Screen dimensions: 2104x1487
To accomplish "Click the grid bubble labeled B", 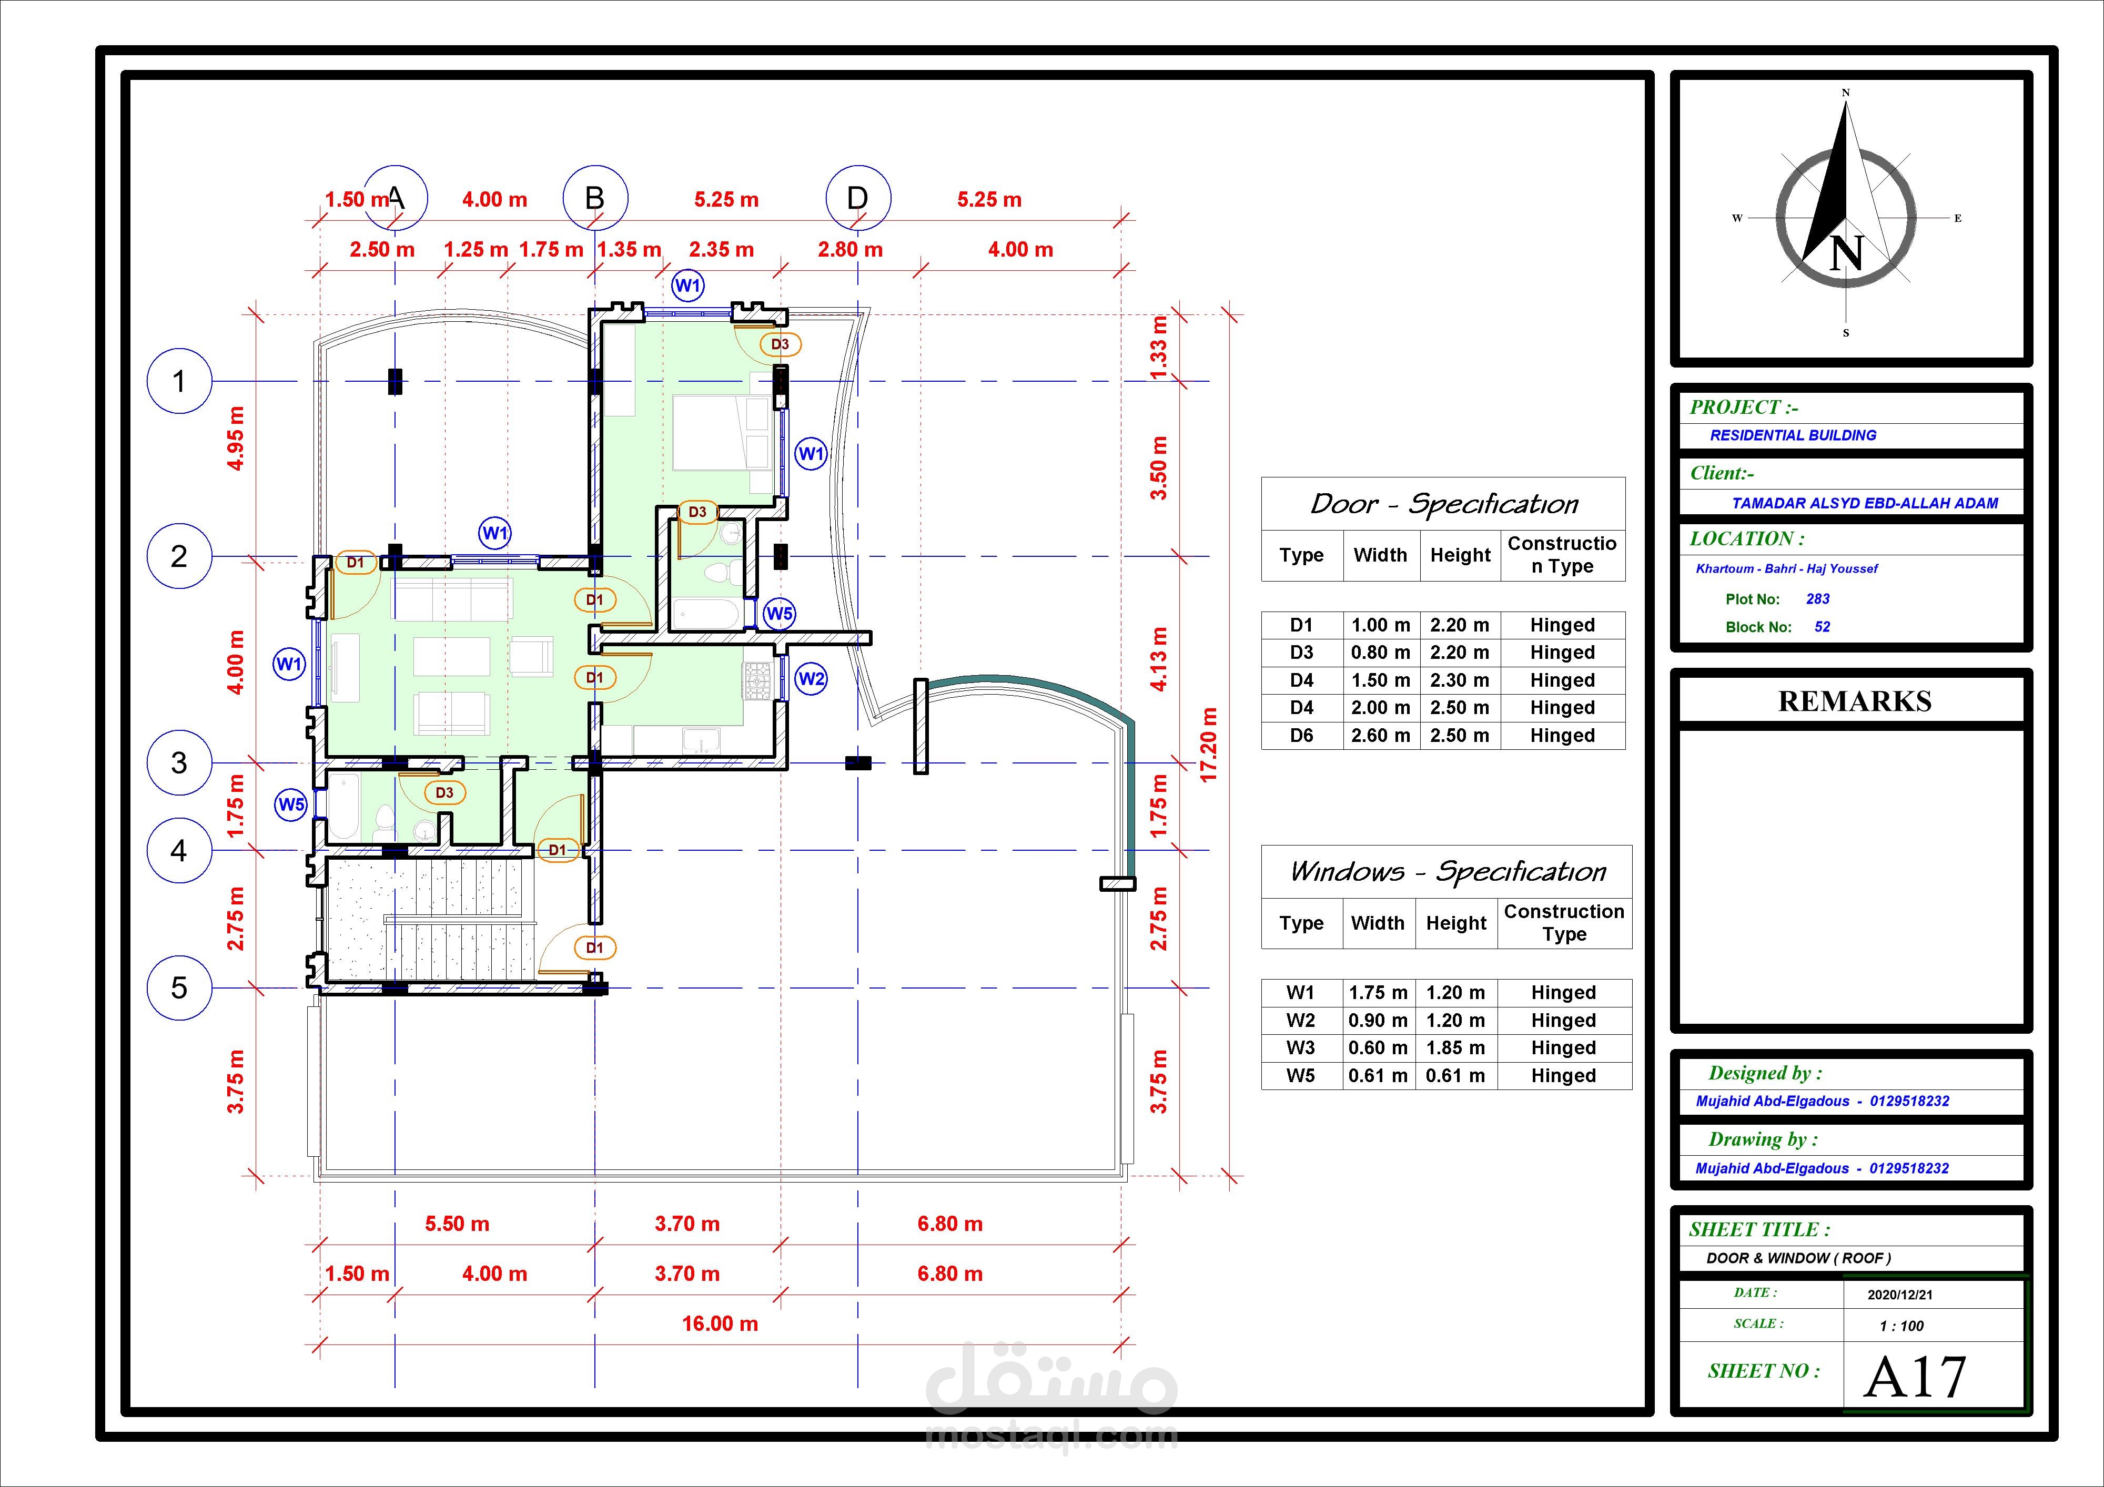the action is (595, 198).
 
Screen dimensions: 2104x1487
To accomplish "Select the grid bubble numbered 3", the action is (179, 762).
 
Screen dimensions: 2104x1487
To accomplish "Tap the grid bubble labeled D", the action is (858, 198).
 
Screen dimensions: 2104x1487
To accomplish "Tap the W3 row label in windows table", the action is (1300, 1047).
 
